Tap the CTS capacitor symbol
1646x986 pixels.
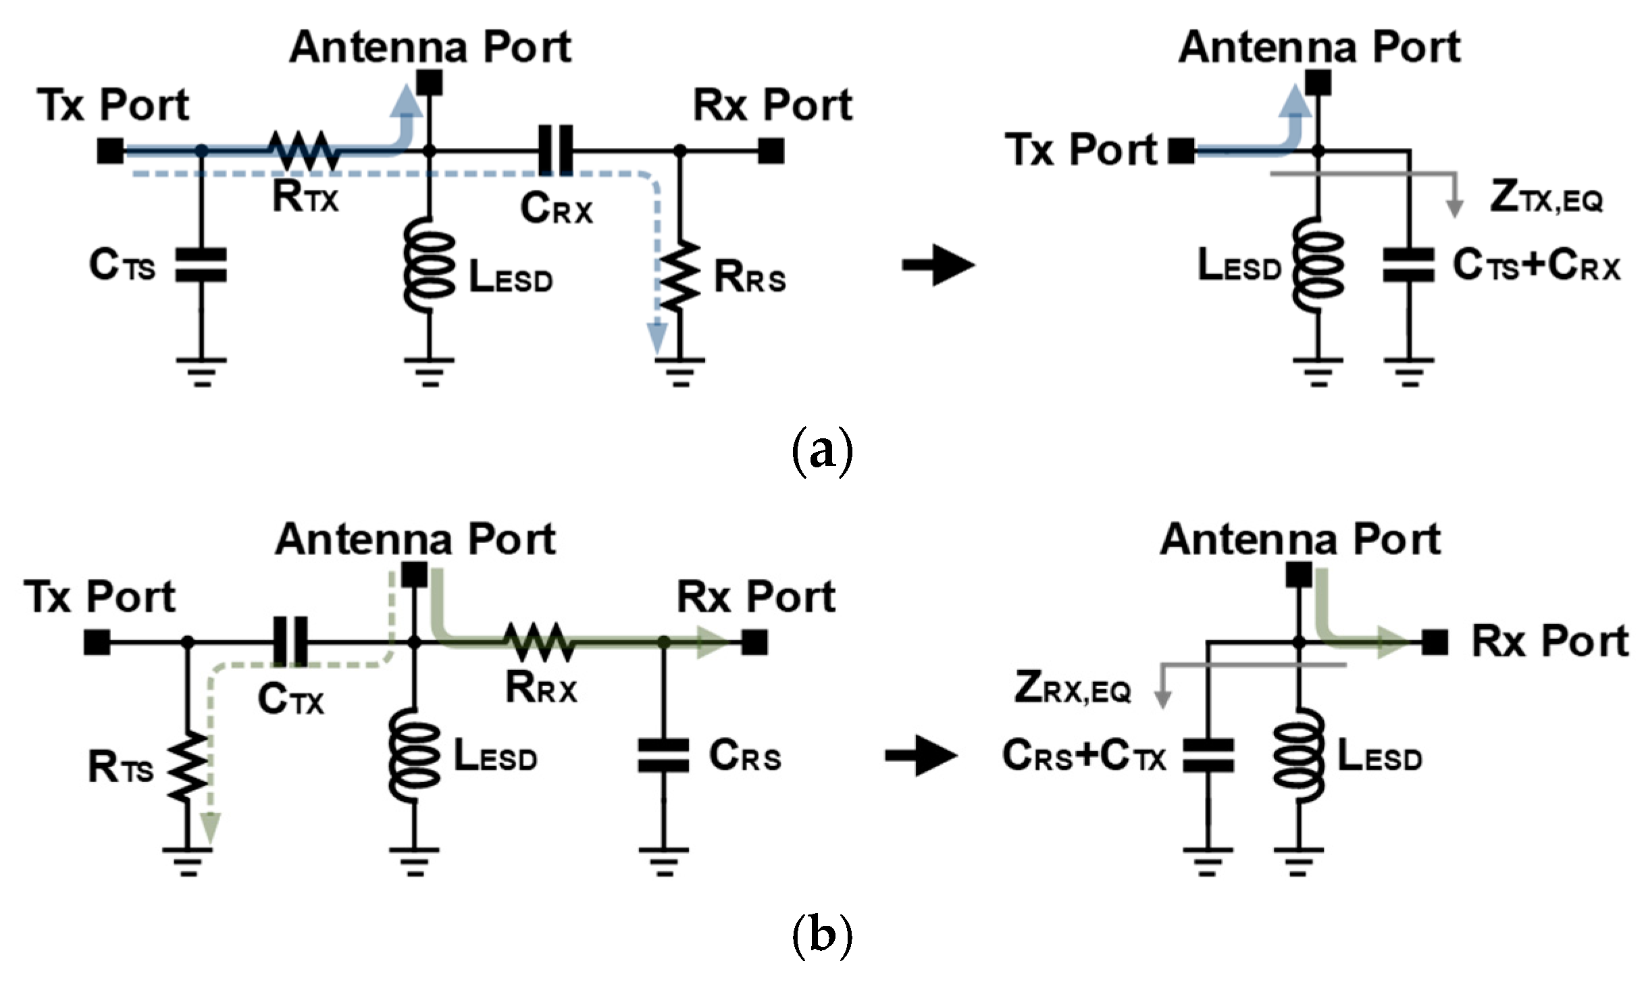(x=201, y=264)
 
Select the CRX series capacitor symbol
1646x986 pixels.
(x=555, y=150)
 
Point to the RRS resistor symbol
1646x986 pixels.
(x=680, y=277)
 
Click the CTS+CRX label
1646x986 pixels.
(x=1536, y=265)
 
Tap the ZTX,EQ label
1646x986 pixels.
(x=1545, y=198)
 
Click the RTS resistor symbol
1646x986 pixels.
(x=188, y=767)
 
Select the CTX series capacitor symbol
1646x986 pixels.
(x=290, y=642)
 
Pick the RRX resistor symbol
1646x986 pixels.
(x=540, y=642)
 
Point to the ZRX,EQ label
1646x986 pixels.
(x=1072, y=690)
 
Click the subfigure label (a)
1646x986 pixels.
(x=821, y=452)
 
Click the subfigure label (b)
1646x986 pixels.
(x=821, y=936)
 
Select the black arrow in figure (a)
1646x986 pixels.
(x=938, y=264)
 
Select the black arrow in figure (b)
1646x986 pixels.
(x=921, y=755)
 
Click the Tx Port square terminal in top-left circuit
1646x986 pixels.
(x=110, y=151)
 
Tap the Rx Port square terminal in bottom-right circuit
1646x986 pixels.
(x=1435, y=642)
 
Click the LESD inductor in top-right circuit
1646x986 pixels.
(x=1318, y=265)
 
